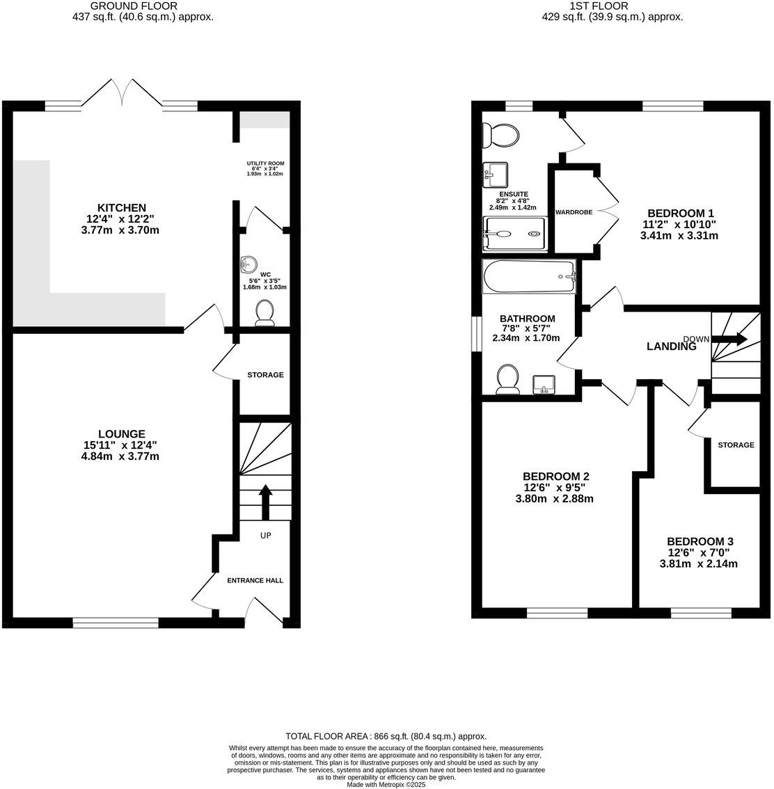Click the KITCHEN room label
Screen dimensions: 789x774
tap(122, 207)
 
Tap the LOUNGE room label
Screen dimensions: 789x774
tap(122, 433)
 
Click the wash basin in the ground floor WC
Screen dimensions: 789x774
tap(248, 264)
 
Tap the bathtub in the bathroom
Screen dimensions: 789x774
tap(529, 277)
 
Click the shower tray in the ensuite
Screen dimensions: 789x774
tap(515, 234)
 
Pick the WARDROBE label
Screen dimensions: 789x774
tap(574, 212)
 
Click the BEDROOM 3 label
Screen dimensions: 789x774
tap(700, 541)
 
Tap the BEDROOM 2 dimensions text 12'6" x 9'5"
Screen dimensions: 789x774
tap(556, 488)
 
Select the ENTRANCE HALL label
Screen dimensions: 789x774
tap(255, 580)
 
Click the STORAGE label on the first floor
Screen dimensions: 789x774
tap(736, 445)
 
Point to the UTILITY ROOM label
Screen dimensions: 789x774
tap(265, 164)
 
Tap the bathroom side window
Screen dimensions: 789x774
tap(477, 335)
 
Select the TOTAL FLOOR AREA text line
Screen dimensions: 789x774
tap(386, 736)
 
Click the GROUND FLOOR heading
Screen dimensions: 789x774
tap(143, 6)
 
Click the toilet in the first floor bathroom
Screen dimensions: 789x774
tap(507, 380)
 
